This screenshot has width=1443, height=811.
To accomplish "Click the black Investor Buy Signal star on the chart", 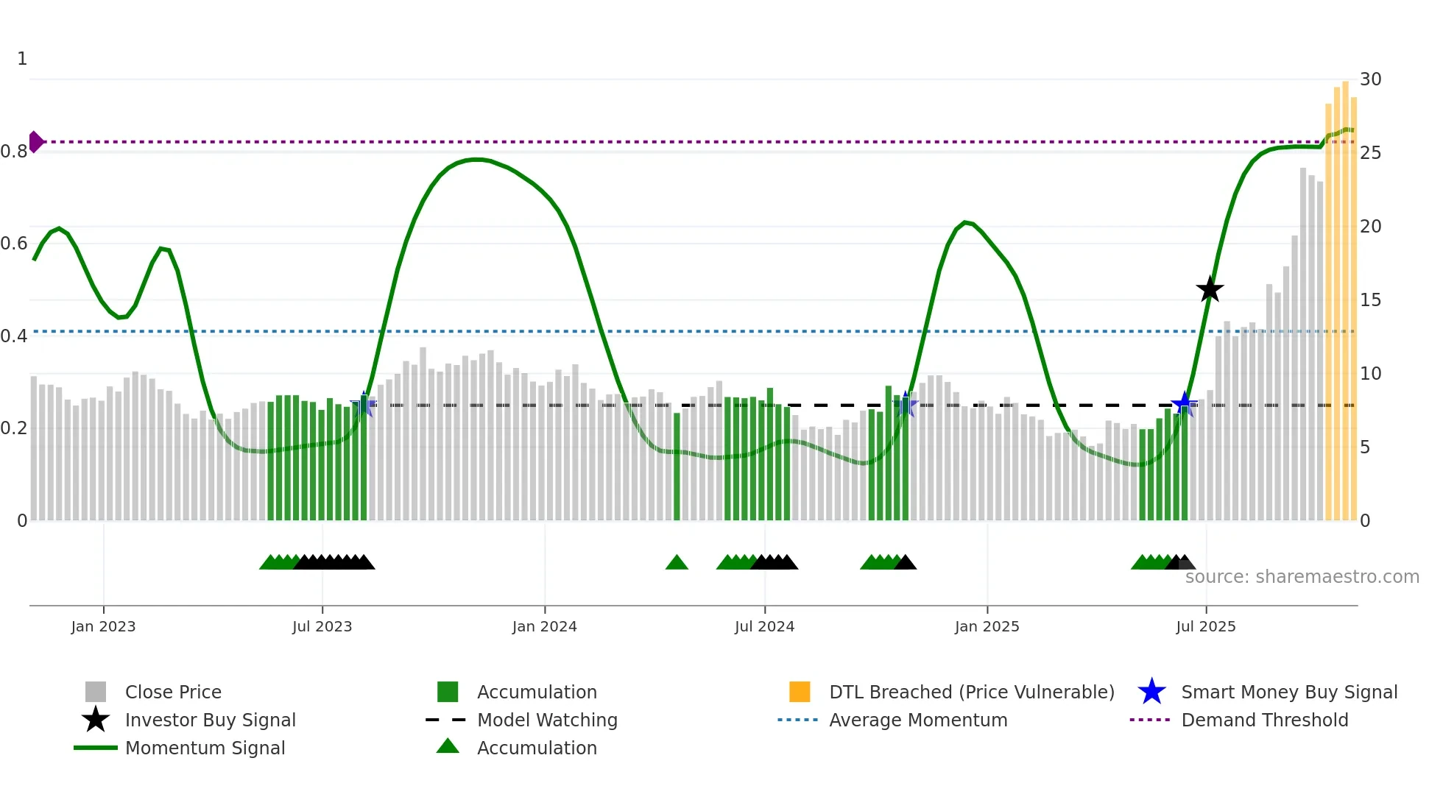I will click(1210, 289).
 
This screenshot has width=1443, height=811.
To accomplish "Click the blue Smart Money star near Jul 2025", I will click(1184, 403).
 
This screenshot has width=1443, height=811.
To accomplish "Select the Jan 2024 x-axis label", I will click(544, 626).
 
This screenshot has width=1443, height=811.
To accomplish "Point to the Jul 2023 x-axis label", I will click(322, 626).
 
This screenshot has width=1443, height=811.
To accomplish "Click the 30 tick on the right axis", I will click(1370, 79).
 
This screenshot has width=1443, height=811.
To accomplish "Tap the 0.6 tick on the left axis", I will click(14, 244).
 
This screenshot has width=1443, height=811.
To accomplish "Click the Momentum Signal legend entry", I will click(205, 748).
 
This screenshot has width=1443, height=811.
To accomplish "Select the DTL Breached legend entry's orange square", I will click(800, 692).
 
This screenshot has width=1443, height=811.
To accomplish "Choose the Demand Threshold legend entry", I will click(1264, 720).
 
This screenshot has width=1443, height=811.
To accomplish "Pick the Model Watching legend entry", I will click(546, 720).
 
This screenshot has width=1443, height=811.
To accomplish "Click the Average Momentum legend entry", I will click(917, 720).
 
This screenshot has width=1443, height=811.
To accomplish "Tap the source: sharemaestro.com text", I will click(1302, 576).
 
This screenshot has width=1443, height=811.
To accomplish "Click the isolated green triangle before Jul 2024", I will click(677, 562).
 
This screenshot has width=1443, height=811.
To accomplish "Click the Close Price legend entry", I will click(173, 692).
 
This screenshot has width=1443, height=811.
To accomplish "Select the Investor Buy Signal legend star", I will click(96, 720).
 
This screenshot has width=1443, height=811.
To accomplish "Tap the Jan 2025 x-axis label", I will click(987, 626).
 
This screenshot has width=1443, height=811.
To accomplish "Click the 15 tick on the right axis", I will click(1370, 300).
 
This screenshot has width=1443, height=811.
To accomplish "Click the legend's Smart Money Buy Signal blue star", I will click(1151, 692).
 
